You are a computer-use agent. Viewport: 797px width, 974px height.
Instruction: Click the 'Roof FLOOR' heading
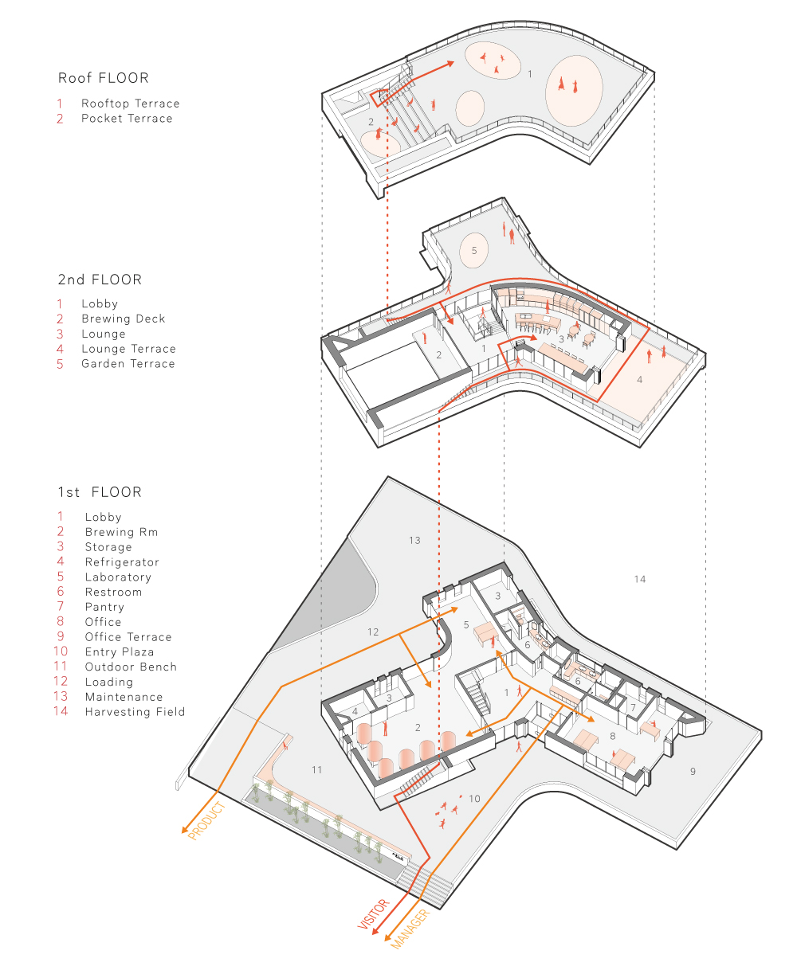[103, 78]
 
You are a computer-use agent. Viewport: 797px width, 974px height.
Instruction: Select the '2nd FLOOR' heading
[100, 280]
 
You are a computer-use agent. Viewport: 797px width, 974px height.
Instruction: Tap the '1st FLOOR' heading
[100, 492]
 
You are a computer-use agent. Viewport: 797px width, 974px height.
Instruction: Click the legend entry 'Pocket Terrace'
[127, 118]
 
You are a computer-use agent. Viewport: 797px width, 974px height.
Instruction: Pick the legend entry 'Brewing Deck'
[123, 319]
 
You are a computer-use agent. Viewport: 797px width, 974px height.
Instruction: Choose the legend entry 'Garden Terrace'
[128, 363]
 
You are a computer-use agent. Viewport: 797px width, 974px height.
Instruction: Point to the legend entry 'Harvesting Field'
[135, 712]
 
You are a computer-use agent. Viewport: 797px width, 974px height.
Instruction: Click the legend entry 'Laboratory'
[118, 577]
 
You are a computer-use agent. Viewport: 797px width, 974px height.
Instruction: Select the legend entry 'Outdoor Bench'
[131, 667]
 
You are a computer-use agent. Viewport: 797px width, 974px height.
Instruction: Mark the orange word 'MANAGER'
[410, 929]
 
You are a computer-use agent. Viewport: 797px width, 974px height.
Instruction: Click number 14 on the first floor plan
[639, 579]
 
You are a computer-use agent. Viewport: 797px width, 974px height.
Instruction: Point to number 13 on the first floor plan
[414, 540]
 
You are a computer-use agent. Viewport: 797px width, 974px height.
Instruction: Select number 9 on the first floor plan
[693, 771]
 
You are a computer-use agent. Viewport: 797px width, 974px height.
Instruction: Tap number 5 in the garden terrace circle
[474, 250]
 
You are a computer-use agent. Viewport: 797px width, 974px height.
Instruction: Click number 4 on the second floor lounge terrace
[639, 380]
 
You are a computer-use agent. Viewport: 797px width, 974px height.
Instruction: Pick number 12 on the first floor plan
[373, 632]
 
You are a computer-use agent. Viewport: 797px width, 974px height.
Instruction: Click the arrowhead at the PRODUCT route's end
[185, 830]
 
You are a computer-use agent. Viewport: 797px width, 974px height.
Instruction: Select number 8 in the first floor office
[613, 736]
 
